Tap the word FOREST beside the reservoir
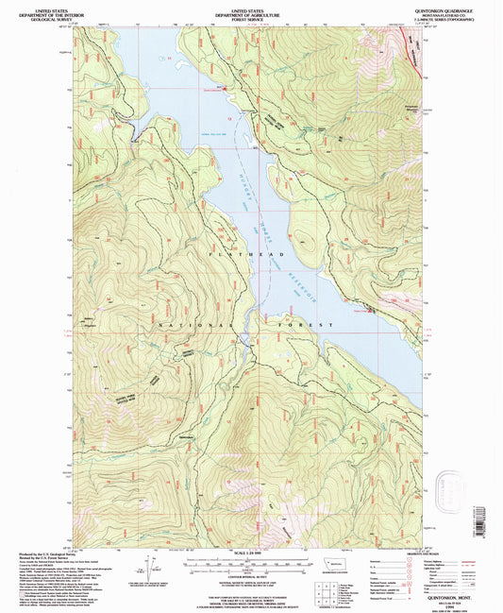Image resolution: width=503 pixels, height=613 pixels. (311, 326)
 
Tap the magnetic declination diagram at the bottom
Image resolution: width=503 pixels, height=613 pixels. (148, 567)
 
